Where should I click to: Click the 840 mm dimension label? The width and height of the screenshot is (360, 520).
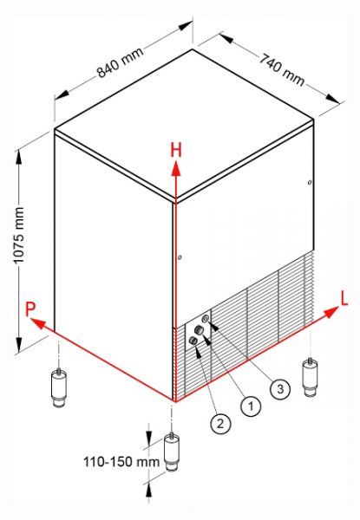(x=120, y=62)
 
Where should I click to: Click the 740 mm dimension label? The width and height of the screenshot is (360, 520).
(x=282, y=69)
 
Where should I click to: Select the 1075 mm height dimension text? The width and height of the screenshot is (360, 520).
(x=18, y=236)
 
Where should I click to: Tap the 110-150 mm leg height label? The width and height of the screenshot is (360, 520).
(x=121, y=462)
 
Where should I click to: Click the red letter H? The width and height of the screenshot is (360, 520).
(x=176, y=150)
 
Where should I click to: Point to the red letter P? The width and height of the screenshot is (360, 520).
(x=30, y=309)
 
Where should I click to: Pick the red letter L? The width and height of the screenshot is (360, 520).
(x=344, y=299)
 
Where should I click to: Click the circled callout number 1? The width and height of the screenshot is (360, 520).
(x=251, y=406)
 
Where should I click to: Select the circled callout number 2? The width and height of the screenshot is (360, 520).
(x=220, y=423)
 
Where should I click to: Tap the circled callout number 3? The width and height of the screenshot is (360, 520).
(x=280, y=388)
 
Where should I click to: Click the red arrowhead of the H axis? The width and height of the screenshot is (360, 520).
(x=176, y=169)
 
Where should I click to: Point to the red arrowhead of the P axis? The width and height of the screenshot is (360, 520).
(x=38, y=323)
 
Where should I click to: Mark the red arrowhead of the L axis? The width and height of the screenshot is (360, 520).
(x=331, y=312)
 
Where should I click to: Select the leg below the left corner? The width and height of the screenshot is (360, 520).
(x=59, y=388)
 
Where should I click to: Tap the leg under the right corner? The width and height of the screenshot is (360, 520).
(x=310, y=378)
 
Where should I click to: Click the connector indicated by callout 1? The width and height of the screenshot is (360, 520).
(x=199, y=329)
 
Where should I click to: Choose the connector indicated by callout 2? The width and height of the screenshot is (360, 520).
(x=193, y=341)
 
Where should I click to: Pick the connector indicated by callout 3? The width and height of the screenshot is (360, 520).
(x=206, y=319)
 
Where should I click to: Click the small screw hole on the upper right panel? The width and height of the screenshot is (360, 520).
(x=310, y=182)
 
